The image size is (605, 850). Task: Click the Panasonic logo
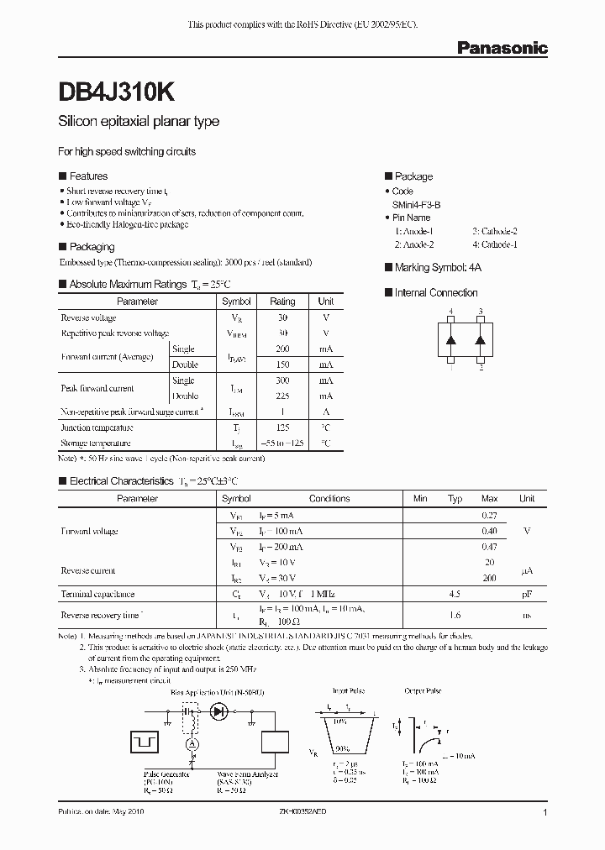coord(502,49)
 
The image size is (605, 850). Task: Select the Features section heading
coord(87,176)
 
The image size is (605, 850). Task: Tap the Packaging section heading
coord(91,247)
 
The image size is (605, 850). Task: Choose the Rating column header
coord(282,302)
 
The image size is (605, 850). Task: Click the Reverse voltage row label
coord(88,317)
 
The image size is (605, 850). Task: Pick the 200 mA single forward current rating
coord(282,349)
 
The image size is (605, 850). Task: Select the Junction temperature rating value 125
coord(282,428)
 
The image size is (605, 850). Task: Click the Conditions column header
coord(329,499)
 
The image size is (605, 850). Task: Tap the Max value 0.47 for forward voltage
coord(489,547)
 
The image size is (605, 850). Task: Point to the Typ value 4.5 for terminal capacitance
coord(455,594)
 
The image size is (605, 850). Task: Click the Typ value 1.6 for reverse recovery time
coord(455,616)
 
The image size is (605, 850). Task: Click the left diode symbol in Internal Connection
coord(451,340)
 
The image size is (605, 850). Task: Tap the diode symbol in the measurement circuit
coord(221,711)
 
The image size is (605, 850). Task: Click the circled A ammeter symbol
coord(192,744)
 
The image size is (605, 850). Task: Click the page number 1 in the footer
coord(545,813)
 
